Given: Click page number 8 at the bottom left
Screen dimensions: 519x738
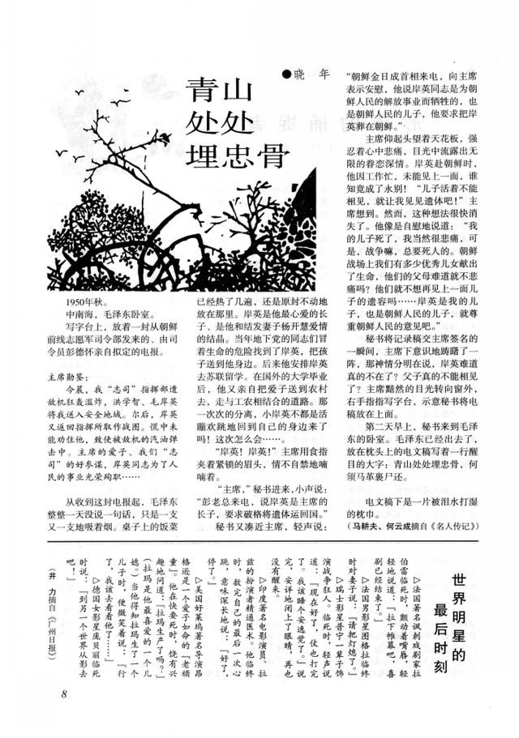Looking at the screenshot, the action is pos(63,694).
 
